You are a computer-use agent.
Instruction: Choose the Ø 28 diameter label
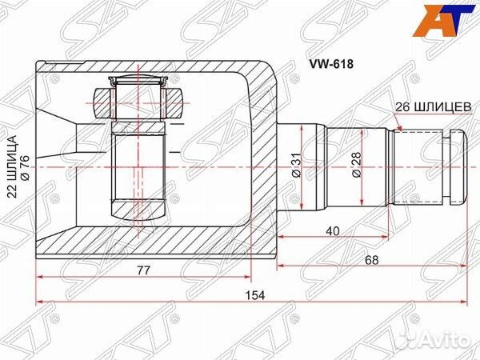click(x=357, y=165)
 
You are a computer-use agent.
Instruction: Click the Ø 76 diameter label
click(x=25, y=168)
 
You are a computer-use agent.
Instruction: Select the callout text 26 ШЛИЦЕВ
click(x=433, y=107)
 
